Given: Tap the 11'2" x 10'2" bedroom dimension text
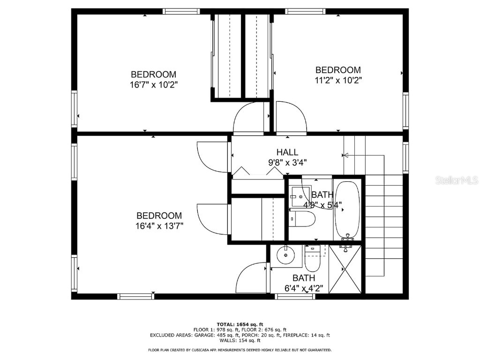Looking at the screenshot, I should pyautogui.click(x=338, y=80).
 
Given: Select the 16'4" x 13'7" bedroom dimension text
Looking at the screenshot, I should pyautogui.click(x=159, y=226).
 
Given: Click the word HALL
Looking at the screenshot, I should pyautogui.click(x=287, y=152).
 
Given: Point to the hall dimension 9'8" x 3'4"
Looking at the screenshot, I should pyautogui.click(x=287, y=163).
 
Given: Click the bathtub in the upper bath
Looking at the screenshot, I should pyautogui.click(x=347, y=210).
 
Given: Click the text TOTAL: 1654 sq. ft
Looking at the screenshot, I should pyautogui.click(x=240, y=324).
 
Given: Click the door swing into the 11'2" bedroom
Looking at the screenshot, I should pyautogui.click(x=291, y=118).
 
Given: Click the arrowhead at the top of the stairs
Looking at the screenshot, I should pyautogui.click(x=346, y=155).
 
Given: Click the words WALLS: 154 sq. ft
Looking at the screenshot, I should pyautogui.click(x=240, y=340).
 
